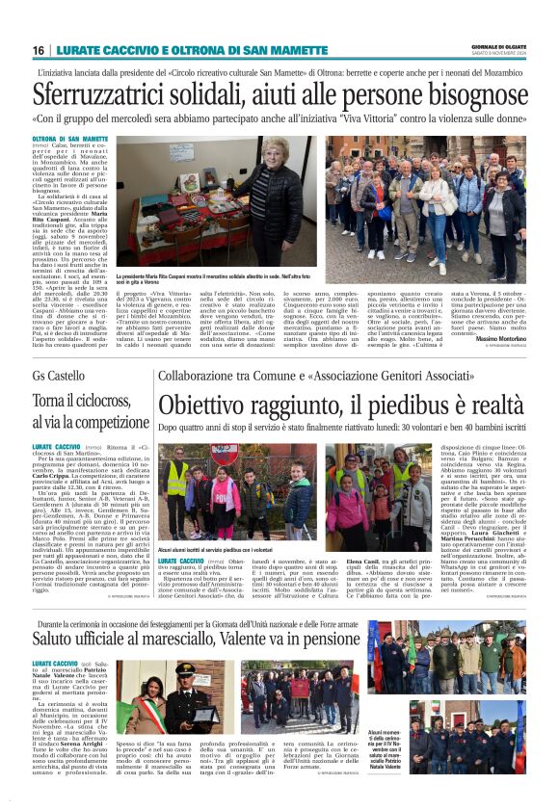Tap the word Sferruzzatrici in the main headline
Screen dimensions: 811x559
click(103, 94)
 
